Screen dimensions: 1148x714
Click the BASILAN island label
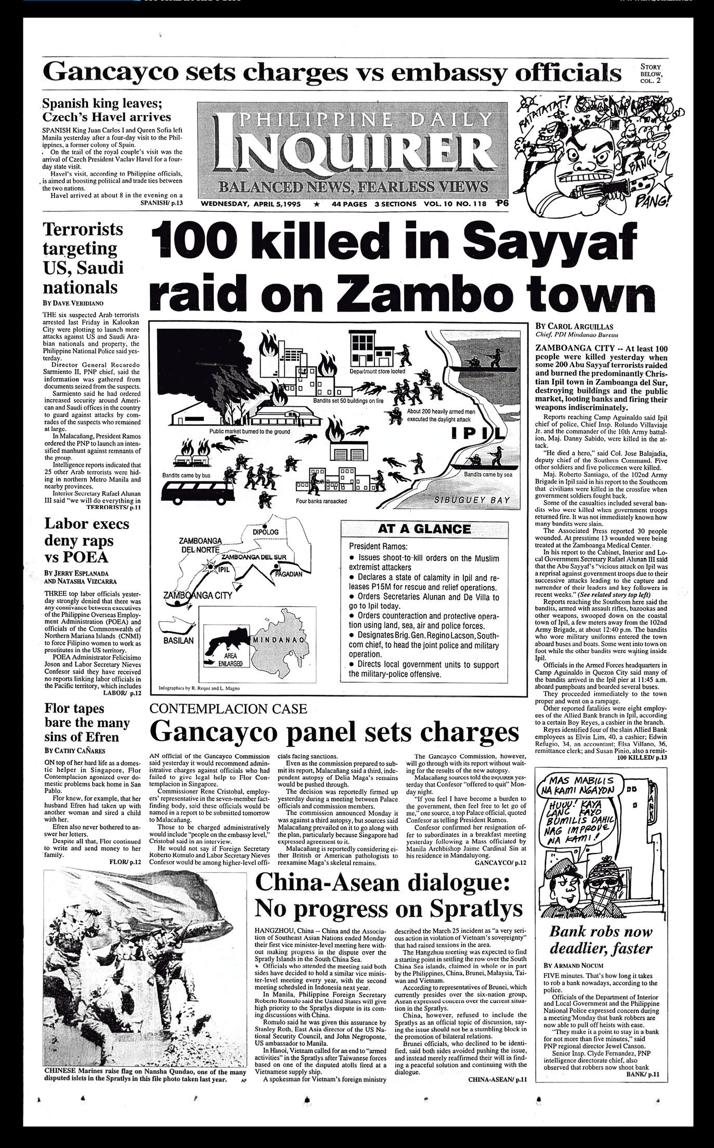178,641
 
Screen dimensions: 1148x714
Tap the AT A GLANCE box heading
420,529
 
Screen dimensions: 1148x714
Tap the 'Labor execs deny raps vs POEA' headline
86,540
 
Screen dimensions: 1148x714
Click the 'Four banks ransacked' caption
321,501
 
